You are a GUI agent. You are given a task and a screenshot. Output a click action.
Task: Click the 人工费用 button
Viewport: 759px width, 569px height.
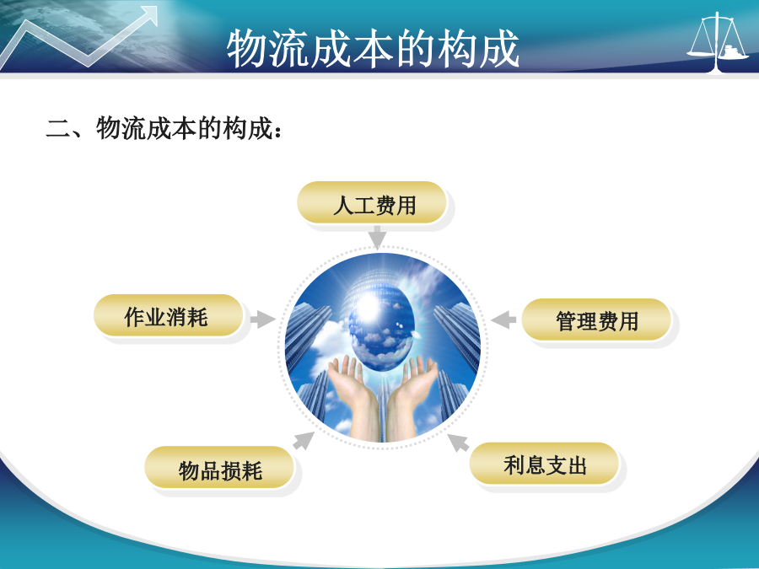click(371, 202)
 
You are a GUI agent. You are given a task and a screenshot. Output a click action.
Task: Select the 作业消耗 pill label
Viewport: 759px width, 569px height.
click(168, 315)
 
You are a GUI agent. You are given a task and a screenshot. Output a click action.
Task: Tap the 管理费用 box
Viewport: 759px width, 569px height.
click(596, 319)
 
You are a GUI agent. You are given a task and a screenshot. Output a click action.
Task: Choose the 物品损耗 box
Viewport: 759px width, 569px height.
click(219, 467)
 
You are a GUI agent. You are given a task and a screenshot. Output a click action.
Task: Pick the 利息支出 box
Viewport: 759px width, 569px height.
click(544, 464)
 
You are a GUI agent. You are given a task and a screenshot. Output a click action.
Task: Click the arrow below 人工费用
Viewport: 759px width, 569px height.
click(377, 237)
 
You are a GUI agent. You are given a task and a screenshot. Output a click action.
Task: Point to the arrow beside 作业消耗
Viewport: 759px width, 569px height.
click(262, 319)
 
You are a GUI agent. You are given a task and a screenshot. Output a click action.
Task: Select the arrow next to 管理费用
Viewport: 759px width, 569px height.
click(503, 319)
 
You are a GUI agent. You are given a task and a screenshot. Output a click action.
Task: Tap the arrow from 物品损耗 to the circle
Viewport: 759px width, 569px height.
click(304, 440)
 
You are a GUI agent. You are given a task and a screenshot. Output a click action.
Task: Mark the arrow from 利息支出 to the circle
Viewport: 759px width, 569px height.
click(458, 443)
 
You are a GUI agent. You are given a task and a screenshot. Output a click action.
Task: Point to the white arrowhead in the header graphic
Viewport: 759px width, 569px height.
click(149, 15)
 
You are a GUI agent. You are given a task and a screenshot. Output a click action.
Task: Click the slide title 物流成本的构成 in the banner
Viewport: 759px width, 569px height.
click(373, 48)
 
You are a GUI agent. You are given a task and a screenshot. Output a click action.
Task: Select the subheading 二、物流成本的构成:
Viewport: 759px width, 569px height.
click(164, 129)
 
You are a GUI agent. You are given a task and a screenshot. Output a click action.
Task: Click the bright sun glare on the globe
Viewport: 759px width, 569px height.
click(368, 307)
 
